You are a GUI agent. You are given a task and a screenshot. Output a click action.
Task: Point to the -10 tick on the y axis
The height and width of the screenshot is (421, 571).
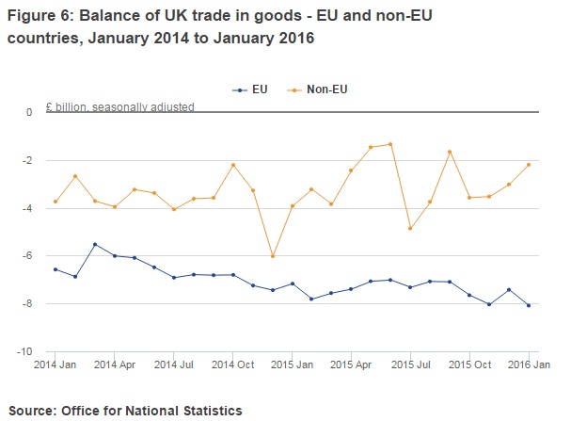coord(27,351)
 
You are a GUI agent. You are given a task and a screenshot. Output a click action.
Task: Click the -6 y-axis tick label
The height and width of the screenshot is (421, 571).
coord(30,255)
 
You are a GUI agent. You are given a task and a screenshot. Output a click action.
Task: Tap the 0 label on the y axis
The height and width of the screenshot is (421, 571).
coord(30,112)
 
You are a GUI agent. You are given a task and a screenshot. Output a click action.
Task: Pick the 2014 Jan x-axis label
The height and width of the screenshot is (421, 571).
coord(56,364)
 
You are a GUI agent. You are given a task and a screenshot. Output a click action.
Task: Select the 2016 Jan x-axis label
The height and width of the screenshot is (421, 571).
coord(528,364)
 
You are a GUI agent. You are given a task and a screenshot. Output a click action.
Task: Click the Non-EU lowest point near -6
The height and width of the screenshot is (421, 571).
coord(273,256)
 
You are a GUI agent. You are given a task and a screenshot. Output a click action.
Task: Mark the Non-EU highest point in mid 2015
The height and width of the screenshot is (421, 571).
coord(390,144)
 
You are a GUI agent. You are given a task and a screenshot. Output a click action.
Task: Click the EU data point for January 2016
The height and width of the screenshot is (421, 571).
coord(529,305)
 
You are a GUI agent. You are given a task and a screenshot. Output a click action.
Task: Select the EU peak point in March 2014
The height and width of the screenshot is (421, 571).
coord(95,244)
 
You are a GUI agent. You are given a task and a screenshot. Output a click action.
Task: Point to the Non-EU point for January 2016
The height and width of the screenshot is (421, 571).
coord(529,165)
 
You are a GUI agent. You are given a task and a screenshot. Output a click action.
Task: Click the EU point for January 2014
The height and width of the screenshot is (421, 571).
coord(56,269)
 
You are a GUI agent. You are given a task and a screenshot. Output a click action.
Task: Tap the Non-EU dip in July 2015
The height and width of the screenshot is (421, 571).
coord(410,228)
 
